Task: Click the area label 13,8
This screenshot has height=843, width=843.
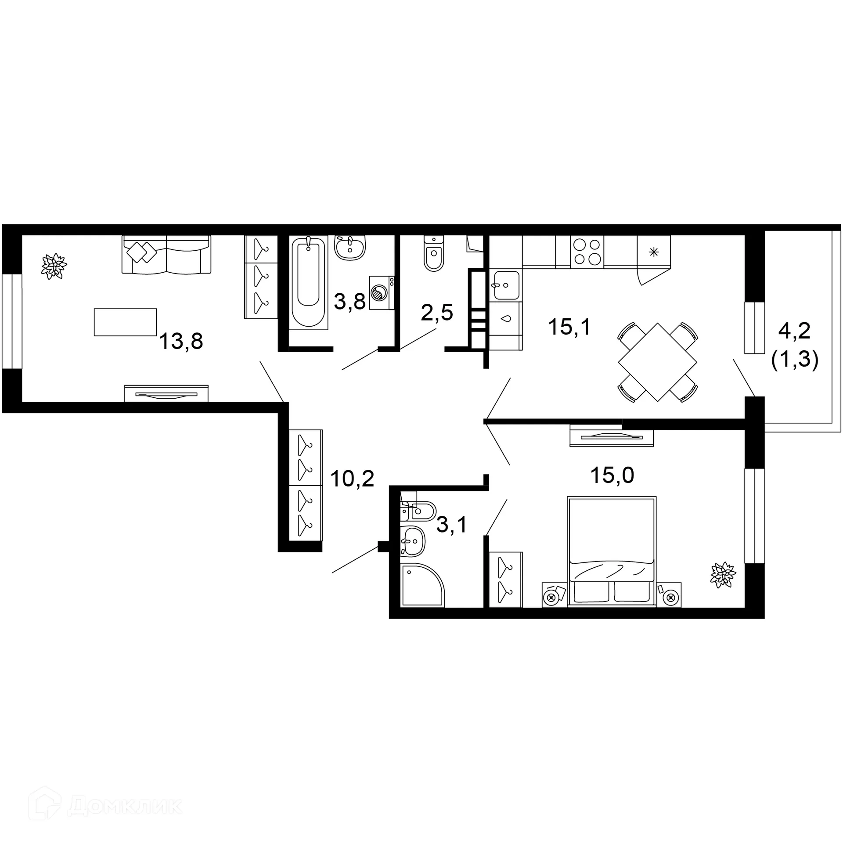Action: (x=181, y=341)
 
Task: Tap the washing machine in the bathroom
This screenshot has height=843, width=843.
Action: (x=381, y=292)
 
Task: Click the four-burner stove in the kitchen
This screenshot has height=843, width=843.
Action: (x=587, y=252)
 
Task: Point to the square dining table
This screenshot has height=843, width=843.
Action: (x=657, y=362)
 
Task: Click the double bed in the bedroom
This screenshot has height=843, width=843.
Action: (x=611, y=551)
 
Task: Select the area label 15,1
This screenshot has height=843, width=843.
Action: (x=569, y=327)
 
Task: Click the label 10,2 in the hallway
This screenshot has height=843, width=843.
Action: (x=352, y=479)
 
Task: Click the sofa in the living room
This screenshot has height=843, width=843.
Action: (x=166, y=255)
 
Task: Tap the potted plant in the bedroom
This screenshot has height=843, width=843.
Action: (x=722, y=574)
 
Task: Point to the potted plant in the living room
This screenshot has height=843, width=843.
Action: (x=54, y=266)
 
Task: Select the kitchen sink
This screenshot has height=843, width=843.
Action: (x=506, y=285)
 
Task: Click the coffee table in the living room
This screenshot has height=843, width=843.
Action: (x=125, y=322)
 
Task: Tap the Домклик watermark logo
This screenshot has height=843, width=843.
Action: (x=105, y=807)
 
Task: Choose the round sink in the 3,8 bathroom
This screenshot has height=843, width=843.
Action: (x=350, y=248)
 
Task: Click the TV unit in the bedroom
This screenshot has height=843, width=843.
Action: (x=611, y=438)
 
